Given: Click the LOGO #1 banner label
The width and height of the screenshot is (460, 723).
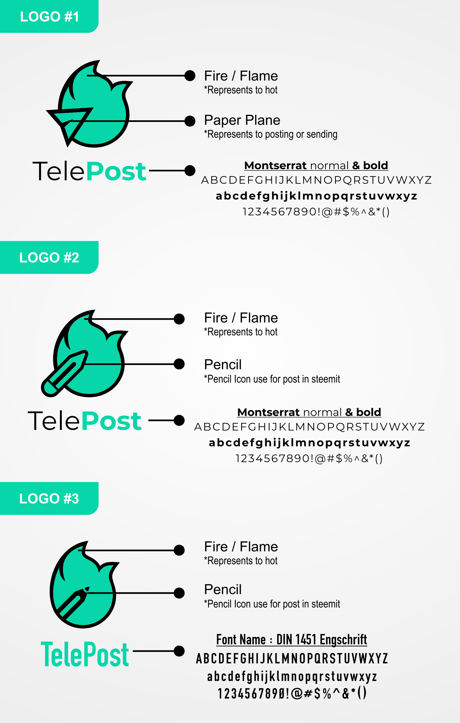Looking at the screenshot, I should pyautogui.click(x=49, y=17).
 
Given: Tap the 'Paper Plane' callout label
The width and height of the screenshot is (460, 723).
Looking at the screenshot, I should pyautogui.click(x=242, y=120).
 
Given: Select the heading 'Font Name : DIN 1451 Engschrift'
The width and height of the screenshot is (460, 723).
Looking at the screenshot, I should pyautogui.click(x=292, y=640).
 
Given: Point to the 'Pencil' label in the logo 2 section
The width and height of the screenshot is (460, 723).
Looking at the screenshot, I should pyautogui.click(x=223, y=364).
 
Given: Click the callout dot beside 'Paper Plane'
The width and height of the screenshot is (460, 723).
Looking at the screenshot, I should pyautogui.click(x=190, y=121).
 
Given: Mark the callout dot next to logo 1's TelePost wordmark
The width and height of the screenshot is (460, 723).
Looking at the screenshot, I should pyautogui.click(x=190, y=171).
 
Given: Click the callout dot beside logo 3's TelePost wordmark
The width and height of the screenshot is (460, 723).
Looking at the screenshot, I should pyautogui.click(x=179, y=651).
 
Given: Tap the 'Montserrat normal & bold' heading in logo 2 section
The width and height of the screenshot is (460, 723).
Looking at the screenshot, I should pyautogui.click(x=309, y=412).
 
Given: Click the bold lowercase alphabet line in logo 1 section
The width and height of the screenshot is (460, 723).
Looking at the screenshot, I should pyautogui.click(x=316, y=196).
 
